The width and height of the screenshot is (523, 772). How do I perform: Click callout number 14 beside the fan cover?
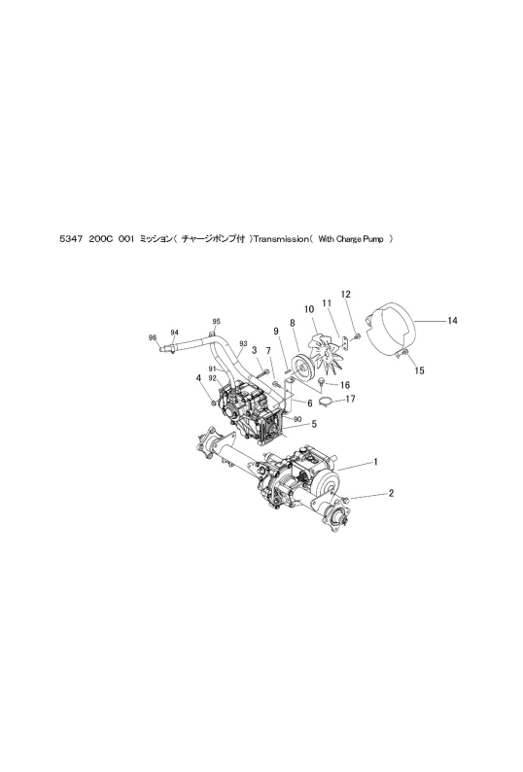pos(453,321)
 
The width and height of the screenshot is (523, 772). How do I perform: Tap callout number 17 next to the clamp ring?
pos(350,399)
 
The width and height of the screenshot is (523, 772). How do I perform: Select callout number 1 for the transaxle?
pos(376,462)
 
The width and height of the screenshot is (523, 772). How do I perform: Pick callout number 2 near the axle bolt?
pos(391,493)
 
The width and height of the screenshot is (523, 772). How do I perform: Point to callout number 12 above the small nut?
pos(346,295)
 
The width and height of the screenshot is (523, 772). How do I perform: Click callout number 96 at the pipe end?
pos(153,337)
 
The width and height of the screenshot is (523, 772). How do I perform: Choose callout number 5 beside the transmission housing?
pos(314,423)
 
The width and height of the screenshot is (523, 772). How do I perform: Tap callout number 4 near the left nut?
pos(198,378)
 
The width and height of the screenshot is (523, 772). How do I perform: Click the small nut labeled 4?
pos(213,404)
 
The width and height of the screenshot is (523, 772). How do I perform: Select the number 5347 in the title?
pos(68,239)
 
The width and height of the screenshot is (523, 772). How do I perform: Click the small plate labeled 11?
pos(346,340)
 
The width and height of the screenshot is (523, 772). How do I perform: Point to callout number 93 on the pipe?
pos(243,343)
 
